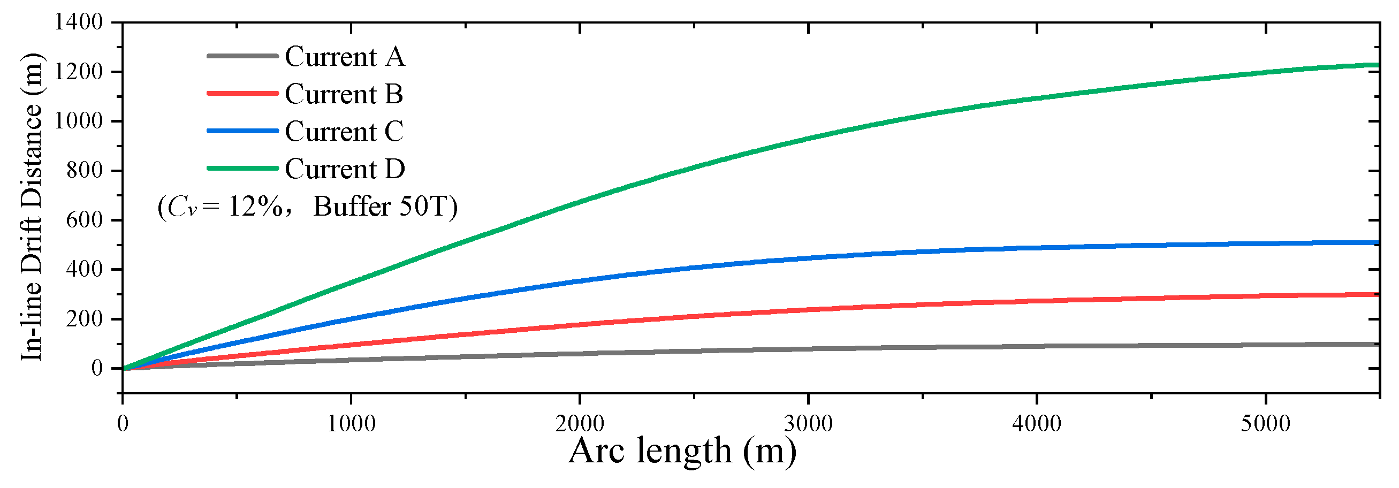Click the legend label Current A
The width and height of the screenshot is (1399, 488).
344,57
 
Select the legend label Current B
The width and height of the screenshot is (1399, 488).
343,94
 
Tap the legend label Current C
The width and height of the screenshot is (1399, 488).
344,131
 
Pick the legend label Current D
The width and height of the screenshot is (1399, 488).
344,169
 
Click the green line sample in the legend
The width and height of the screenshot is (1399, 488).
242,168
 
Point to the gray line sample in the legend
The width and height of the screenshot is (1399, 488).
242,56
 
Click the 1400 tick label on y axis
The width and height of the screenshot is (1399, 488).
78,22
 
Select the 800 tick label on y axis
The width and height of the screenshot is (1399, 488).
84,171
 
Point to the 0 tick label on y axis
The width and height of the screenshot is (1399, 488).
97,369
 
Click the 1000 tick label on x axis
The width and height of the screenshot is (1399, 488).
351,424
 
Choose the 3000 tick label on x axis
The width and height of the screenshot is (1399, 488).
808,424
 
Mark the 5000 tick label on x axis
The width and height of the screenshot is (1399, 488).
1265,424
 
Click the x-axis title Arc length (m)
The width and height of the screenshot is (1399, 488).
682,451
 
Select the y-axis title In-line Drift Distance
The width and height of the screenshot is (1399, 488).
32,206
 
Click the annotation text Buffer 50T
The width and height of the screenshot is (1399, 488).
385,207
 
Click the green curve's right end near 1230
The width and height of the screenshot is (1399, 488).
1377,65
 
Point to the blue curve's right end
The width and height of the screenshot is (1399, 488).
1377,242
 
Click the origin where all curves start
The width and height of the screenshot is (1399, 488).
123,369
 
